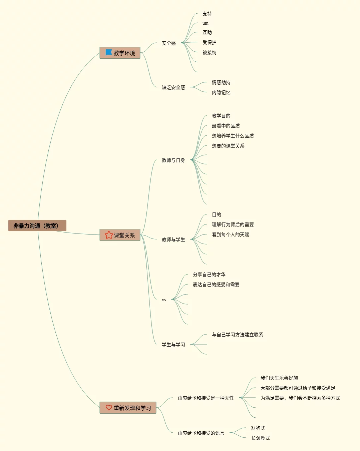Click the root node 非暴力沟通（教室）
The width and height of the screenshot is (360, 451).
[37, 226]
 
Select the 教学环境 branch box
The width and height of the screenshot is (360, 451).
[120, 53]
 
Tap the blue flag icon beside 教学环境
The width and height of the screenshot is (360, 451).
[109, 53]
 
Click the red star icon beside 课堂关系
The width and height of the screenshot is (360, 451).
[109, 235]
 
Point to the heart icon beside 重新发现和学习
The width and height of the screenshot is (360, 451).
[109, 408]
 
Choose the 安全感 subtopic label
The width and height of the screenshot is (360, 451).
[168, 43]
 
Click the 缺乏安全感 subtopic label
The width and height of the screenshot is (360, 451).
[173, 87]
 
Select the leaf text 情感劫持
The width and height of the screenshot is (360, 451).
[221, 82]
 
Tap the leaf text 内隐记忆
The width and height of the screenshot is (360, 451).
[221, 92]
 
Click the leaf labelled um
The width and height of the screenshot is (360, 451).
[205, 23]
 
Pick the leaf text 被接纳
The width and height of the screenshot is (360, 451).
[209, 52]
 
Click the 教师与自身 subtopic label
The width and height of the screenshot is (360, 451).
[173, 160]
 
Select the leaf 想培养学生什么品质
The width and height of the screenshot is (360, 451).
[233, 136]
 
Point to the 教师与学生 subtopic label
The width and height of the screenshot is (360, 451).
[173, 240]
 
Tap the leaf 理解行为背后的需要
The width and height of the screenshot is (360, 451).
[233, 224]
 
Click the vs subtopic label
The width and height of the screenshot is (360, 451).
[164, 300]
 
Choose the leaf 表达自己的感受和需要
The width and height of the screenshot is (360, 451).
[216, 285]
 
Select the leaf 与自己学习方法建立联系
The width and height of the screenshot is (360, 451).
[237, 335]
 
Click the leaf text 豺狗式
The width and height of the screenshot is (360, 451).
[258, 428]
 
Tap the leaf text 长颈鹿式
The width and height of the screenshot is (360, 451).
[260, 438]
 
